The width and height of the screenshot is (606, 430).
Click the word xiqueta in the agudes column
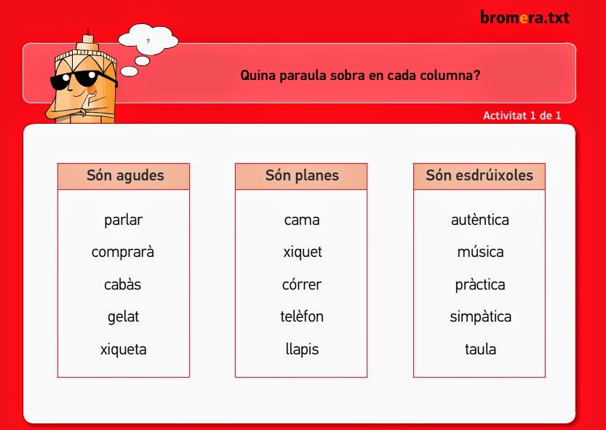point(123,349)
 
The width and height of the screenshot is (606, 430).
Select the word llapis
point(302,349)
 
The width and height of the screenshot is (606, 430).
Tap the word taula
point(480,349)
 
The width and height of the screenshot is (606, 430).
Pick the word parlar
point(123,220)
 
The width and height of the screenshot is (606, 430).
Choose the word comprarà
point(123,252)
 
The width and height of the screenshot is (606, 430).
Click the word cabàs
point(123,284)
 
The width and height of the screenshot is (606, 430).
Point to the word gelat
point(123,317)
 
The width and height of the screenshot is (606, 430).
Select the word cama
point(302,220)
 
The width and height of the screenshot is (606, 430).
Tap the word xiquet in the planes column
point(302,252)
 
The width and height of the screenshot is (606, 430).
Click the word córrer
point(302,284)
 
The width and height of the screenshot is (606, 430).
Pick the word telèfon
point(302,317)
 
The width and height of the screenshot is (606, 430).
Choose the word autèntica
point(480,220)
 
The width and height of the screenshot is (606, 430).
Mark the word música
point(480,252)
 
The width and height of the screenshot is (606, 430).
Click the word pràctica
point(480,284)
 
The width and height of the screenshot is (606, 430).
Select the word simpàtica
point(480,317)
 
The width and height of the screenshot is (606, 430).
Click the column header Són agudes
point(124,176)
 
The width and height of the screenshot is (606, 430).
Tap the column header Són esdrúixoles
point(479,176)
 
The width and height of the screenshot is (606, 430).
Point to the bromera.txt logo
point(524,17)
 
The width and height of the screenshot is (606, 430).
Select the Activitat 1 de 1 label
point(522,115)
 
